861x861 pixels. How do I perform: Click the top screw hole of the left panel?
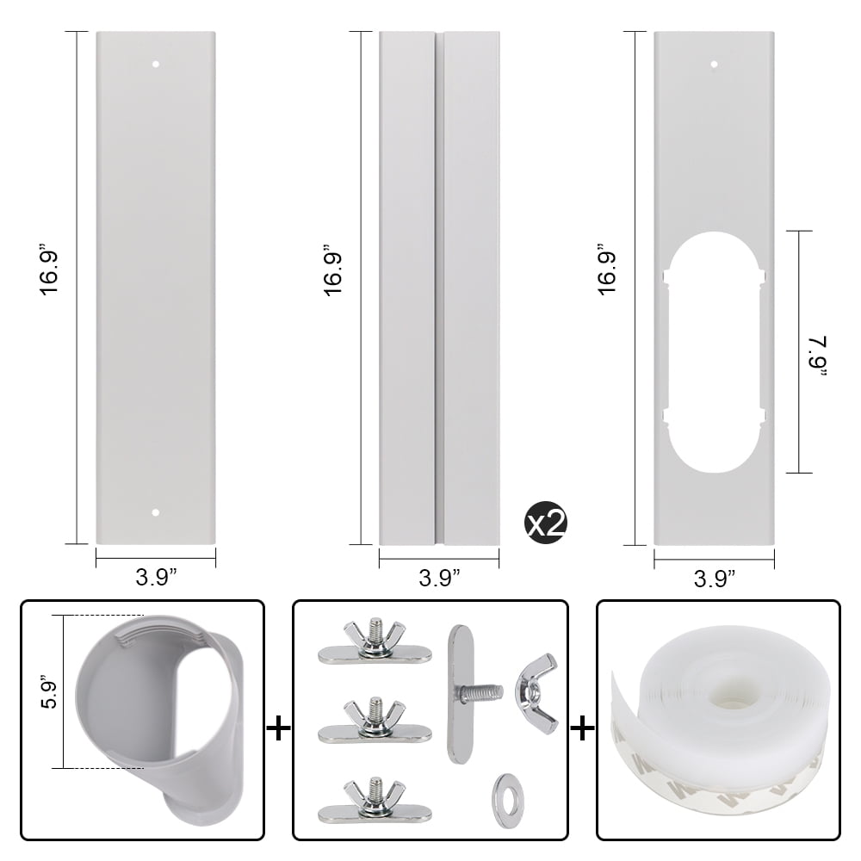point(156,64)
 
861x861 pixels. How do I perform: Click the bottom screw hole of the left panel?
point(156,512)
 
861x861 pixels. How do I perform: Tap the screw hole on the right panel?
point(714,64)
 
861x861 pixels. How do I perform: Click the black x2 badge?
point(544,523)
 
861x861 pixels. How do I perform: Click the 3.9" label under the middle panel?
point(439,578)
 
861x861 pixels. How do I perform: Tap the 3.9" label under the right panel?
point(714,578)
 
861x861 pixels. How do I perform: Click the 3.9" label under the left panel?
point(156,578)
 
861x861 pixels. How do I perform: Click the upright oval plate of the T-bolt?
point(456,693)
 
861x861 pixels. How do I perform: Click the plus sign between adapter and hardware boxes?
point(278,729)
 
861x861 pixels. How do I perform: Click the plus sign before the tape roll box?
point(582,729)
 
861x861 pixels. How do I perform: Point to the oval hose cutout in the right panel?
point(714,351)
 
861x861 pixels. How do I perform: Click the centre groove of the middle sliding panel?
point(439,288)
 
